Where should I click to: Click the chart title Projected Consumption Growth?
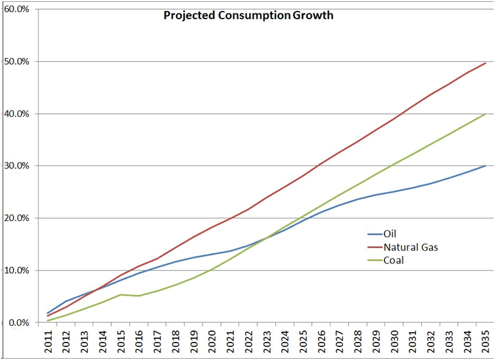tap(248, 15)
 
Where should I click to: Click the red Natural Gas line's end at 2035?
tap(485, 63)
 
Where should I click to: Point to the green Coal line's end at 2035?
tap(485, 114)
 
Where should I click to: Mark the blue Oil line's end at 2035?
tap(485, 166)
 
